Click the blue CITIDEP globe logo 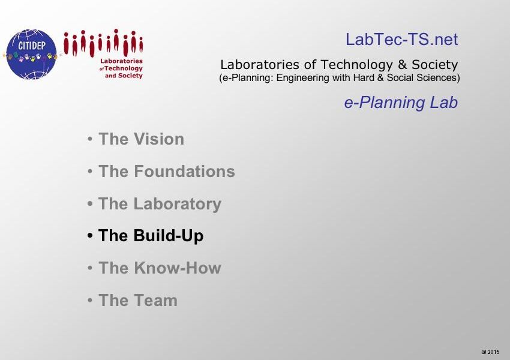(x=31, y=55)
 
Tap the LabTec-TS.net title (x=401, y=40)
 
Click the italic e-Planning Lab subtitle (x=401, y=103)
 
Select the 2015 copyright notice (x=490, y=352)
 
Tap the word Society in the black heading (x=435, y=65)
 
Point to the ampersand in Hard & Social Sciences (x=380, y=78)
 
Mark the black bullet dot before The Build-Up (x=90, y=235)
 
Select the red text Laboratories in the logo (x=121, y=61)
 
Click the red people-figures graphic (x=103, y=43)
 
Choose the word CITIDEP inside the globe (x=32, y=46)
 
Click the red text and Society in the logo (x=124, y=76)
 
